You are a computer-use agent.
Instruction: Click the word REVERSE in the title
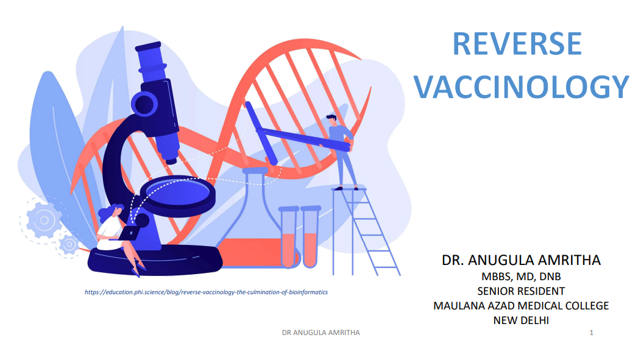pos(517,43)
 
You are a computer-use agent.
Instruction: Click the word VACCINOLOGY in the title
pos(521,86)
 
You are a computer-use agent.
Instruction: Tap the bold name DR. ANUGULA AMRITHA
pos(521,260)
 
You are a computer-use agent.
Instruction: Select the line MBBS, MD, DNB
pos(521,277)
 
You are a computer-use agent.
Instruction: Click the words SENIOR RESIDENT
pos(521,291)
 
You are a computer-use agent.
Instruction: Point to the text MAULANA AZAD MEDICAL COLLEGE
pos(521,306)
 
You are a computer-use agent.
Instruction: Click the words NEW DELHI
pos(521,320)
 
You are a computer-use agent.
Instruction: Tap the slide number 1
pos(591,333)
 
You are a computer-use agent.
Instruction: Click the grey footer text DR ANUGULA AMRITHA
pos(321,333)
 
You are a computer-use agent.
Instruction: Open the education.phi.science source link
pos(206,292)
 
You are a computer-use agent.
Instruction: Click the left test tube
pos(288,237)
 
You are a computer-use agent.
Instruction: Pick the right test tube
pos(310,237)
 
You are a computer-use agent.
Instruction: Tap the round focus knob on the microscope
pos(144,104)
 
